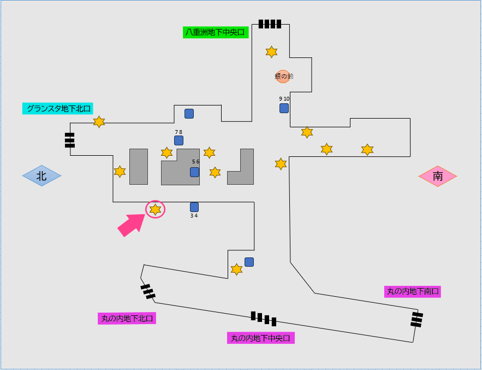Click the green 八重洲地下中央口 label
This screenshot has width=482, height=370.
[216, 32]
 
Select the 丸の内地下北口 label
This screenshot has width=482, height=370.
[127, 318]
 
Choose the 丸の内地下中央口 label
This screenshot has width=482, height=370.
[261, 338]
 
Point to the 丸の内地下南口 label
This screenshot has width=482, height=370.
[412, 291]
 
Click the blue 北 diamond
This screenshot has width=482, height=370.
[41, 176]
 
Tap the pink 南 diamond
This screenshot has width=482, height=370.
[438, 176]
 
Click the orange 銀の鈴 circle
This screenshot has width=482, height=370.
[283, 77]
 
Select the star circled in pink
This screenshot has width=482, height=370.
[156, 209]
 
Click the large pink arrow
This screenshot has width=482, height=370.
[131, 225]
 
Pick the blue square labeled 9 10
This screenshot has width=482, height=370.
[284, 108]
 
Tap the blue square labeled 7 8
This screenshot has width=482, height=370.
[178, 140]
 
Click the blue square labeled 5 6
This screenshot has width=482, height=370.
[194, 172]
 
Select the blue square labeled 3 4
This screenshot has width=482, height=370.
[194, 207]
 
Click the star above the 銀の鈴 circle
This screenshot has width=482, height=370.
[271, 52]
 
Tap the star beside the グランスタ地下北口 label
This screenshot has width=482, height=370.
[99, 122]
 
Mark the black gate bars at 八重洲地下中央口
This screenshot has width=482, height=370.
[270, 24]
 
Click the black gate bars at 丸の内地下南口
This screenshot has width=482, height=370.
[417, 319]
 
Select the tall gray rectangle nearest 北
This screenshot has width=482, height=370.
[139, 166]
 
